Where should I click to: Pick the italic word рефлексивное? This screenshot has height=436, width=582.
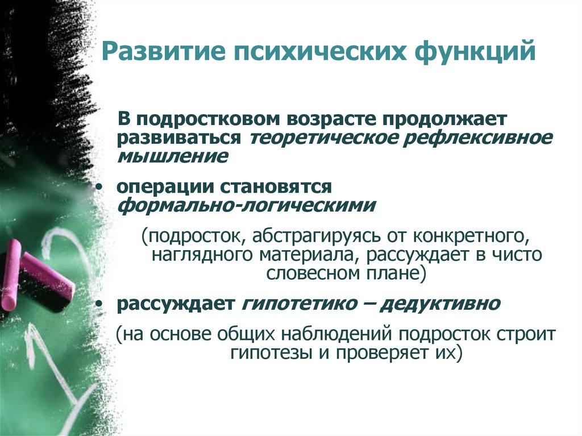(x=478, y=138)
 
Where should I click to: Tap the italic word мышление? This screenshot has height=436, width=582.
(x=173, y=156)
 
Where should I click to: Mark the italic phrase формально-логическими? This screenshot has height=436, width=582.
(x=246, y=205)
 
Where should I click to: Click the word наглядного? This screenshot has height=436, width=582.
(x=200, y=254)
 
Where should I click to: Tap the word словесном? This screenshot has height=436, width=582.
(x=311, y=272)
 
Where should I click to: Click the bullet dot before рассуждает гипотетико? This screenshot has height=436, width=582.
(x=101, y=304)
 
